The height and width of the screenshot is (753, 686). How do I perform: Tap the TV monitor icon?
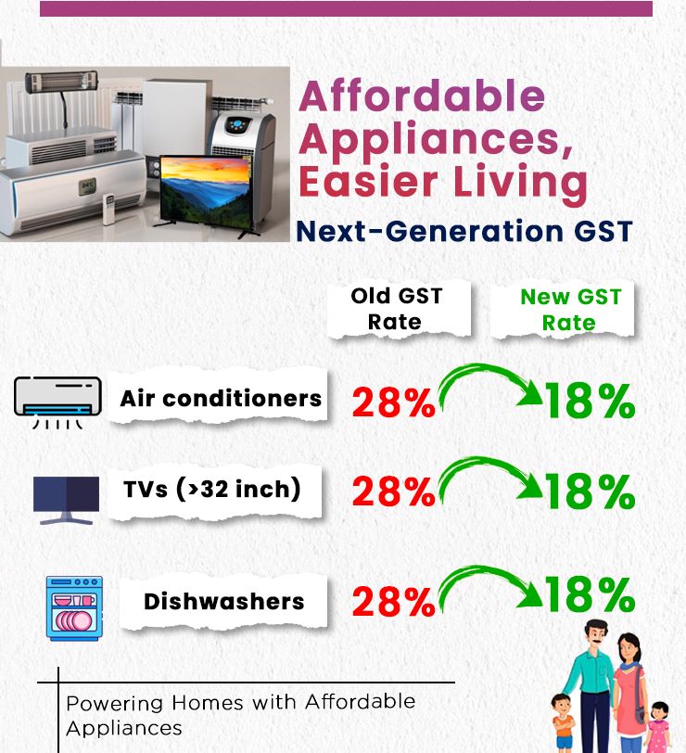pyautogui.click(x=66, y=501)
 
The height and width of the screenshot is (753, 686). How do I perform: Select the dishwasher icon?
pyautogui.click(x=74, y=608)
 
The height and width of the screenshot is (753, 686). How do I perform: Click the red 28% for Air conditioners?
pyautogui.click(x=394, y=402)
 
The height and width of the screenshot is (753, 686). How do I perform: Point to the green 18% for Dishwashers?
pyautogui.click(x=590, y=594)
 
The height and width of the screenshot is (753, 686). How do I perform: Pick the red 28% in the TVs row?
pyautogui.click(x=394, y=491)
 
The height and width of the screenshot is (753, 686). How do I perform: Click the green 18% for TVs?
pyautogui.click(x=590, y=491)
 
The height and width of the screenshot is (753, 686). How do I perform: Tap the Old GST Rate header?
pyautogui.click(x=396, y=309)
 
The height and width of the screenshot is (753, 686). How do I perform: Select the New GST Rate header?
pyautogui.click(x=570, y=310)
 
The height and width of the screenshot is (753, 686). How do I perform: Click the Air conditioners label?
pyautogui.click(x=221, y=398)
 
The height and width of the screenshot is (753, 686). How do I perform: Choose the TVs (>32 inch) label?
pyautogui.click(x=211, y=490)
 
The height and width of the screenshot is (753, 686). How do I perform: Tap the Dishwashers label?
pyautogui.click(x=224, y=601)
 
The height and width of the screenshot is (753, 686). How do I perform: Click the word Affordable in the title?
pyautogui.click(x=422, y=96)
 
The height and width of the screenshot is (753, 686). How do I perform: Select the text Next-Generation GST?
pyautogui.click(x=464, y=231)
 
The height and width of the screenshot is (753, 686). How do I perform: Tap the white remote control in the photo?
pyautogui.click(x=109, y=209)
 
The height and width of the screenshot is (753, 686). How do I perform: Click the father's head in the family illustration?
pyautogui.click(x=596, y=635)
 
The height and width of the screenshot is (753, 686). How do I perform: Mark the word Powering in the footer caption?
pyautogui.click(x=116, y=704)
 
